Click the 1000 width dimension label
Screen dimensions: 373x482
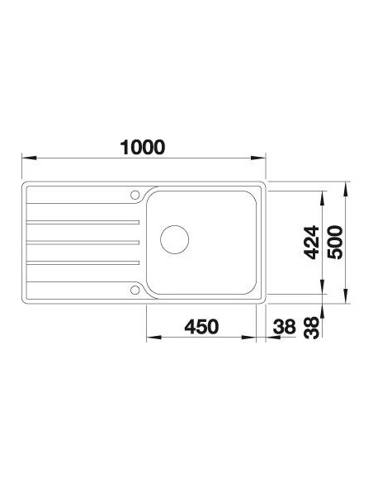(143, 147)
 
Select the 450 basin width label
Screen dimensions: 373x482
(201, 326)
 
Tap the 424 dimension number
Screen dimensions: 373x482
(311, 243)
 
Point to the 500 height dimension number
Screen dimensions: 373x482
(334, 243)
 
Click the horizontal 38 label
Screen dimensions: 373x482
(284, 326)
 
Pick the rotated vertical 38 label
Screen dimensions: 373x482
(311, 328)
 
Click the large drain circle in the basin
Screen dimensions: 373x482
(174, 239)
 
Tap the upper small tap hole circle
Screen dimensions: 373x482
(135, 195)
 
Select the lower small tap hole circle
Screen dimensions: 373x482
(135, 290)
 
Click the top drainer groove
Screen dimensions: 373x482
(83, 222)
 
